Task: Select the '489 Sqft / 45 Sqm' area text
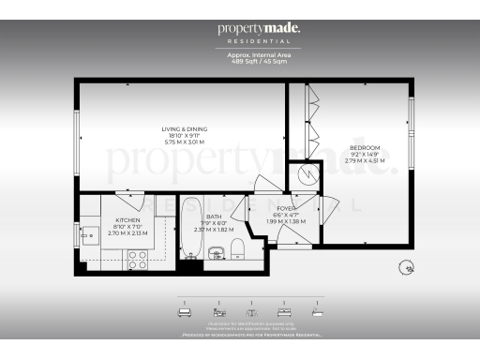pos(259,61)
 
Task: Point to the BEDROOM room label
pos(365,148)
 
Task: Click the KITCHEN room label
pos(127,219)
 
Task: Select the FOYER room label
pos(286,208)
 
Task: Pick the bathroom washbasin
pos(214,251)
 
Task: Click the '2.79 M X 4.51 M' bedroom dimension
pos(365,160)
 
